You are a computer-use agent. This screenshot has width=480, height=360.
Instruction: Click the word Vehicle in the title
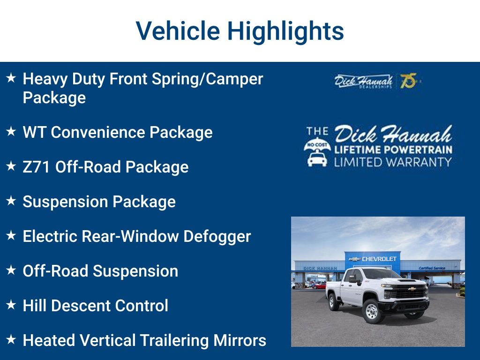(x=178, y=30)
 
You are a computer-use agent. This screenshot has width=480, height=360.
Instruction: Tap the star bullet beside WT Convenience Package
(x=11, y=131)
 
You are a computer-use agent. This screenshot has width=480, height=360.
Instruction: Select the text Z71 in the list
(x=36, y=167)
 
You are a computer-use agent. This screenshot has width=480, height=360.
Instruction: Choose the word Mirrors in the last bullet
(x=240, y=340)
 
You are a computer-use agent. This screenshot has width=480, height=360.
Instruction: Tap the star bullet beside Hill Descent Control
(x=11, y=305)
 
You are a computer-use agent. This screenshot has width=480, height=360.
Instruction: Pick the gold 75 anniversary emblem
(x=410, y=81)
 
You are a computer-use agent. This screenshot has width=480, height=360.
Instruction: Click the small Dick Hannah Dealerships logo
(x=363, y=82)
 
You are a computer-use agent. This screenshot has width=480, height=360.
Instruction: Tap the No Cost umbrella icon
(x=317, y=155)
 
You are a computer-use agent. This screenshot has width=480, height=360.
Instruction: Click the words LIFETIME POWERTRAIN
(x=393, y=150)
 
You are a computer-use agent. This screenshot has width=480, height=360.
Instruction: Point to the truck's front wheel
(x=372, y=312)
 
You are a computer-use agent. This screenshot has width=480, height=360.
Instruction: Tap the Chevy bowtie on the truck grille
(x=412, y=289)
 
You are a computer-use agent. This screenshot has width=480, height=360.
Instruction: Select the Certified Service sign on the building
(x=432, y=268)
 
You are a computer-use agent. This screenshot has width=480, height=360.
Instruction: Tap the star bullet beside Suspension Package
(x=11, y=201)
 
